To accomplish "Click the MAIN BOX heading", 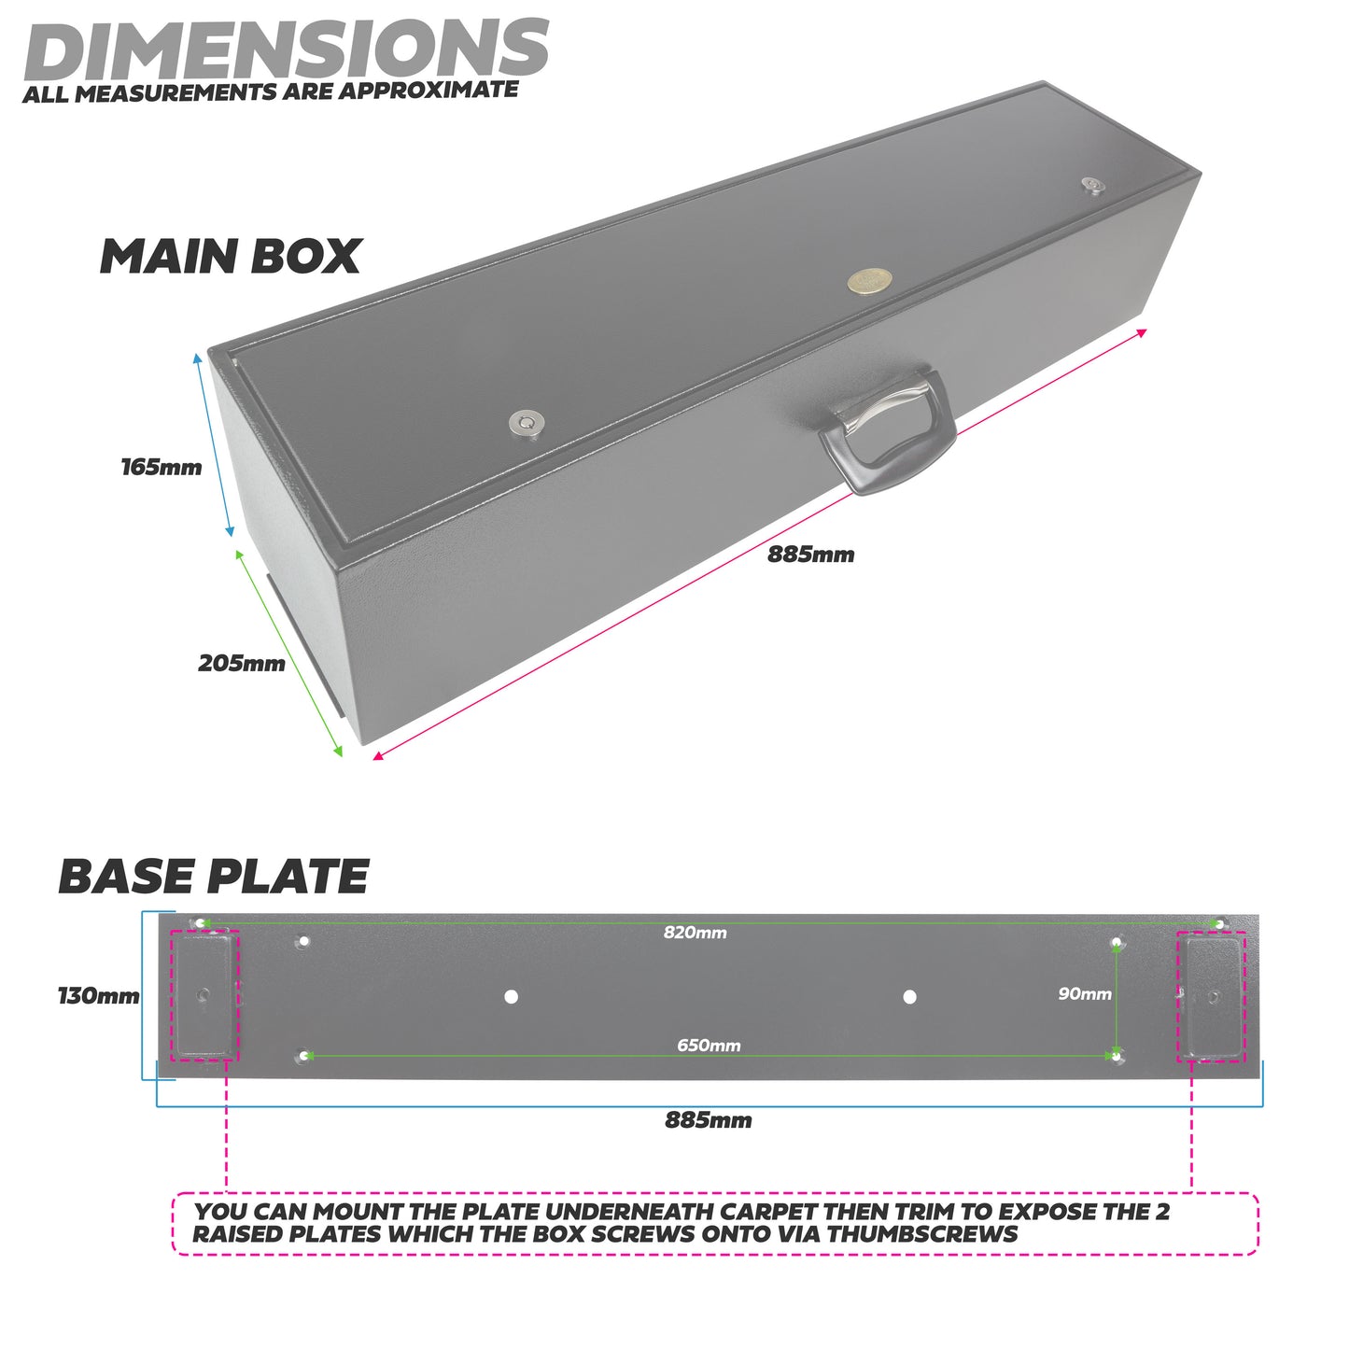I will click(230, 257).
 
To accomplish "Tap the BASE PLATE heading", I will click(213, 877).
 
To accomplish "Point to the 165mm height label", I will click(161, 467).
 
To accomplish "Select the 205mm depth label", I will click(241, 664).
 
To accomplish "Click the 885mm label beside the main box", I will click(810, 555).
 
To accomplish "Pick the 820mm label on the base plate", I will click(695, 933).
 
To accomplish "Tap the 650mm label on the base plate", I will click(709, 1046).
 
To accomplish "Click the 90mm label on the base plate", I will click(1084, 994).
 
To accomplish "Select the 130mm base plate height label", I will click(98, 996).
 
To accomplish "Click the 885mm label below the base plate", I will click(708, 1120).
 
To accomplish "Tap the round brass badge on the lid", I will click(869, 281).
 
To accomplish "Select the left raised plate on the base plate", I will click(204, 996).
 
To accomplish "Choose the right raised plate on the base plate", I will click(1212, 996).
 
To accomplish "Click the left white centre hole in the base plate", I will click(511, 997).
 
